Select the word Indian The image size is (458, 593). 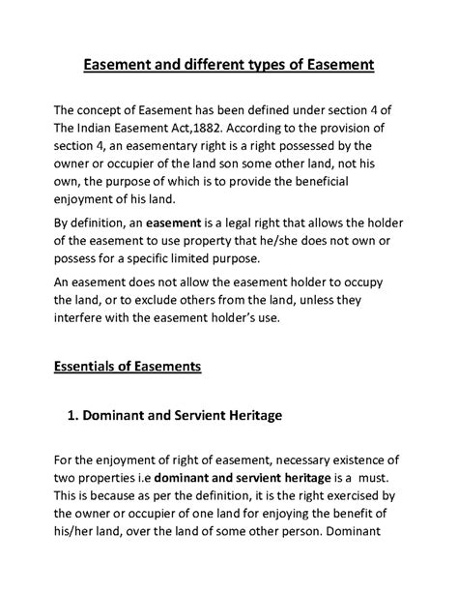click(x=106, y=129)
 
